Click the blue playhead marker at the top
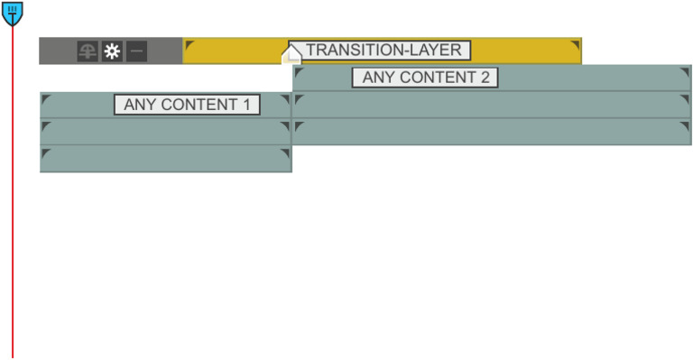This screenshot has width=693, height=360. (12, 12)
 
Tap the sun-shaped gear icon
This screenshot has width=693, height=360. (112, 51)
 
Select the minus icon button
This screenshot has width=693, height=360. (136, 51)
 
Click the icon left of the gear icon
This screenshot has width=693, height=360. (88, 51)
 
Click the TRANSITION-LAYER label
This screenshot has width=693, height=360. (380, 51)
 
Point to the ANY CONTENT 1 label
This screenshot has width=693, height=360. (187, 105)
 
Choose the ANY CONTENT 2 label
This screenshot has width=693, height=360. (425, 78)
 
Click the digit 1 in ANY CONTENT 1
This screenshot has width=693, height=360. (246, 105)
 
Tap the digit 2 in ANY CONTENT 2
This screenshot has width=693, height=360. (485, 78)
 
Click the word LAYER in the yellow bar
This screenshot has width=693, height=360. (436, 51)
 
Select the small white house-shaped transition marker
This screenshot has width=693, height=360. (291, 56)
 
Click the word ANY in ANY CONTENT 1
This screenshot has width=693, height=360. (139, 105)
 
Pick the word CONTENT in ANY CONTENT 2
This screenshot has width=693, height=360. (436, 78)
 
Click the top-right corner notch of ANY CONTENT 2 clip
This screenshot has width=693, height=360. (685, 71)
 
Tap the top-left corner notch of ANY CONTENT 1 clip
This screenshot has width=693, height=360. (46, 98)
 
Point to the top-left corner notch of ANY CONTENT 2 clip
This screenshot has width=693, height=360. (299, 71)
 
